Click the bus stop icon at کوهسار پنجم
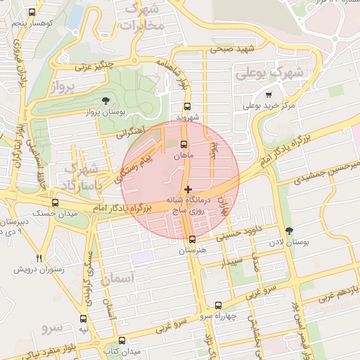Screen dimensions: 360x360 [x=31, y=13]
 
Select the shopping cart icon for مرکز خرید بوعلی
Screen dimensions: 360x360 [x=268, y=95]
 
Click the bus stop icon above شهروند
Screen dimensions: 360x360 [x=186, y=105]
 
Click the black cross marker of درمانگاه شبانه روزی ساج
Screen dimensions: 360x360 [x=187, y=188]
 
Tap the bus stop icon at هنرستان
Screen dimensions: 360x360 [x=193, y=239]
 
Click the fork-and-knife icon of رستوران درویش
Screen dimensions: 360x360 [x=39, y=258]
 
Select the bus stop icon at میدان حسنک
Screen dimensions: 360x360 [x=55, y=202]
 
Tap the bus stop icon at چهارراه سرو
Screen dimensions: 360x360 [x=218, y=306]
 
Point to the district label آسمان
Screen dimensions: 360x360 [x=117, y=279]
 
